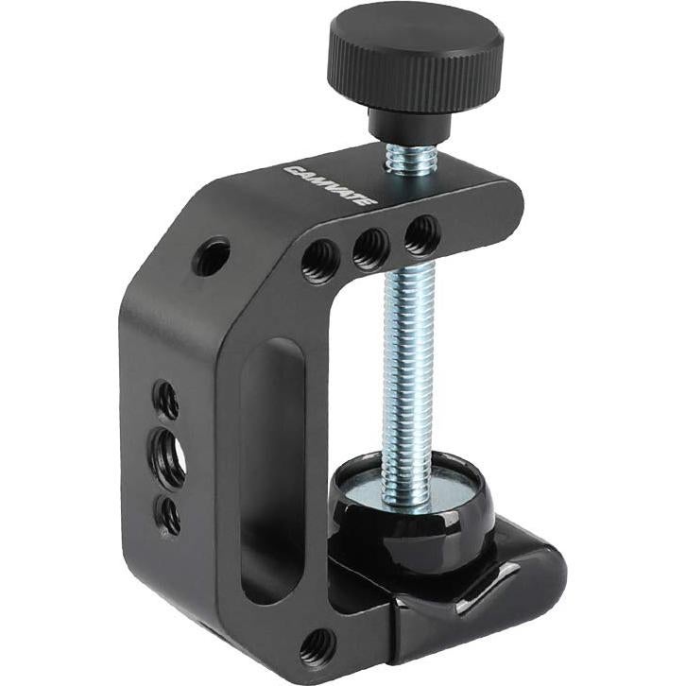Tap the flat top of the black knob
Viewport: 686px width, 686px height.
[x=415, y=32]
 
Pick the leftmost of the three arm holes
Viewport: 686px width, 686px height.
[x=320, y=259]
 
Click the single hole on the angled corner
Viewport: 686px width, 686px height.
[x=212, y=256]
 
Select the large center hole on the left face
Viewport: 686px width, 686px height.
[x=170, y=455]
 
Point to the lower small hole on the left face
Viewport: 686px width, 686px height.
[x=170, y=514]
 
